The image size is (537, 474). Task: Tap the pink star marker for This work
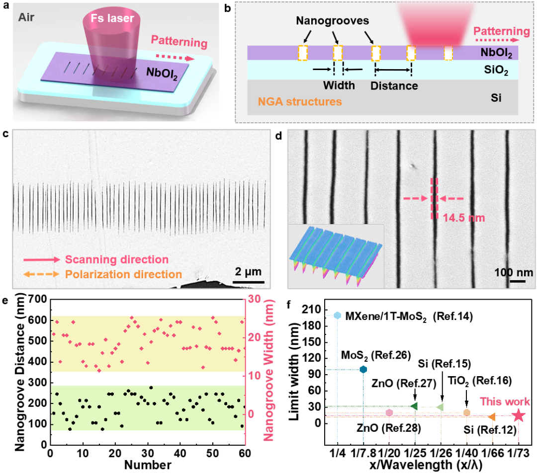(518, 415)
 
